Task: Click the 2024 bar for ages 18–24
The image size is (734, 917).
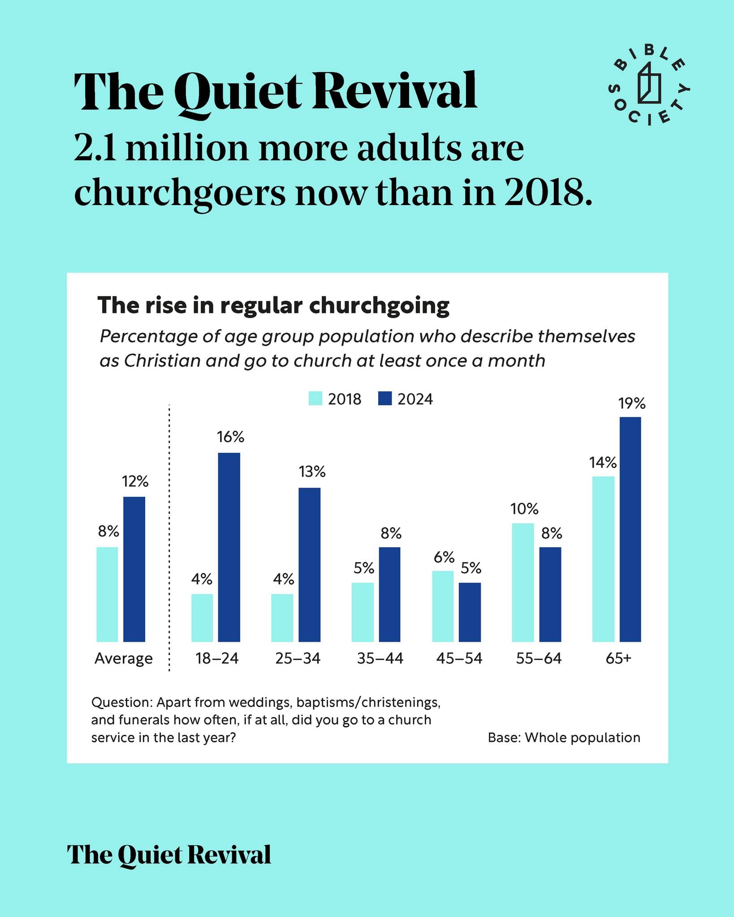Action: [x=229, y=547]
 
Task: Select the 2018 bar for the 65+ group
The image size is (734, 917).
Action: [x=603, y=559]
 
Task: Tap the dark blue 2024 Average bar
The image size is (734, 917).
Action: [x=134, y=569]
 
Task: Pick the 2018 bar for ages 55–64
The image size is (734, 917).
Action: [x=523, y=583]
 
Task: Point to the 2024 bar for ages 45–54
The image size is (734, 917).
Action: [x=470, y=612]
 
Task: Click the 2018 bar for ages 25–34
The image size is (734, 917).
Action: [x=282, y=618]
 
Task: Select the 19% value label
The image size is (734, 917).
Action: [x=632, y=404]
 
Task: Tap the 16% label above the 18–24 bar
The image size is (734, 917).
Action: [x=231, y=437]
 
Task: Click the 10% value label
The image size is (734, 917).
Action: [x=524, y=509]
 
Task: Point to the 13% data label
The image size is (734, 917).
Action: [x=312, y=471]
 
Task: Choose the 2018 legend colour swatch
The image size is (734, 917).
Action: [x=315, y=399]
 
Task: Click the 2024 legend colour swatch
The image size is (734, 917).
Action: [x=385, y=399]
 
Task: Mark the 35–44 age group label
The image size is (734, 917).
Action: [x=380, y=658]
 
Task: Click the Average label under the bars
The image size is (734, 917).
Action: [x=124, y=659]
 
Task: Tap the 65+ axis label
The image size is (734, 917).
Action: [x=618, y=658]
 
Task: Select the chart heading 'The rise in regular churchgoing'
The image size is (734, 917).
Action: [x=273, y=306]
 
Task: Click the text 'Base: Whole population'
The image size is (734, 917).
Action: [x=564, y=737]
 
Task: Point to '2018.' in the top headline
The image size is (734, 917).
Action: [x=548, y=193]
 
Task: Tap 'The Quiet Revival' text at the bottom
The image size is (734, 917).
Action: [x=169, y=855]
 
